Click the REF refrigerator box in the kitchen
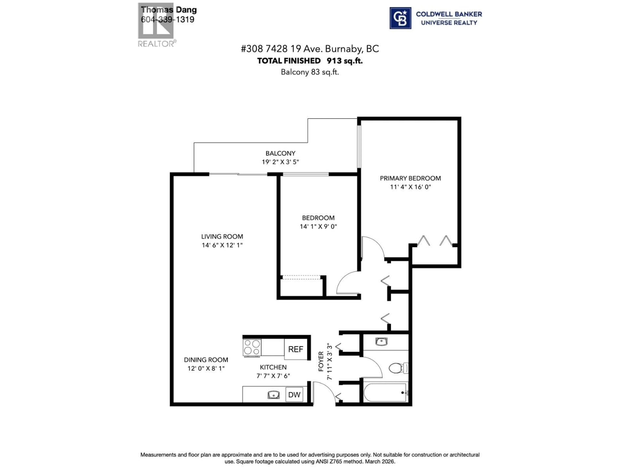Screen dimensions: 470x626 tap(295, 349)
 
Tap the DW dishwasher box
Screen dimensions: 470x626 tap(294, 395)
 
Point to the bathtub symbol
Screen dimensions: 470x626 tap(385, 393)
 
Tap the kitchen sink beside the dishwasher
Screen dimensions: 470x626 tap(273, 395)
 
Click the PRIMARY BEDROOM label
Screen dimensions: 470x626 tap(410, 178)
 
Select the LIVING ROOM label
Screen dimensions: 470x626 tap(222, 237)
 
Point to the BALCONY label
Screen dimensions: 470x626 tap(280, 153)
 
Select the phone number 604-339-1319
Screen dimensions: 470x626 tap(168, 20)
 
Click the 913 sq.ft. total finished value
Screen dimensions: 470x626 tap(344, 61)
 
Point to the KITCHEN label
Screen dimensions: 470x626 tap(273, 367)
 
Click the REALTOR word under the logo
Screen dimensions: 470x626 tap(156, 44)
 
